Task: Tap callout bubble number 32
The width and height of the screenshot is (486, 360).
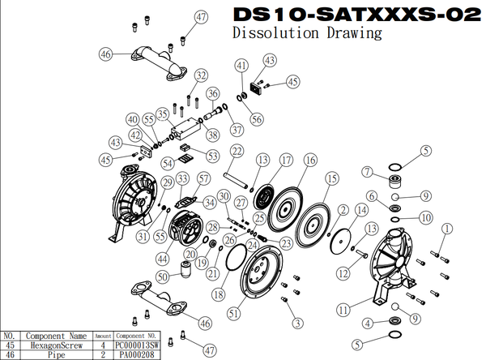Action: tap(201, 75)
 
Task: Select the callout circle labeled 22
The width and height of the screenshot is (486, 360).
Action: tap(237, 151)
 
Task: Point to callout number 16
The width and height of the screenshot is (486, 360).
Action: tap(309, 161)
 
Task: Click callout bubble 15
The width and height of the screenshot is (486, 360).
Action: tap(330, 178)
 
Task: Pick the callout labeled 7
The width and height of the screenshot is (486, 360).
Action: tap(367, 170)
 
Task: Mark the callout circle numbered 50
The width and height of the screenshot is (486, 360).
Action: tap(162, 277)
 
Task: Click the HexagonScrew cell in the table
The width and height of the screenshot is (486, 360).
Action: tap(56, 344)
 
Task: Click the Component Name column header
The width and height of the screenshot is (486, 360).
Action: tap(56, 334)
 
